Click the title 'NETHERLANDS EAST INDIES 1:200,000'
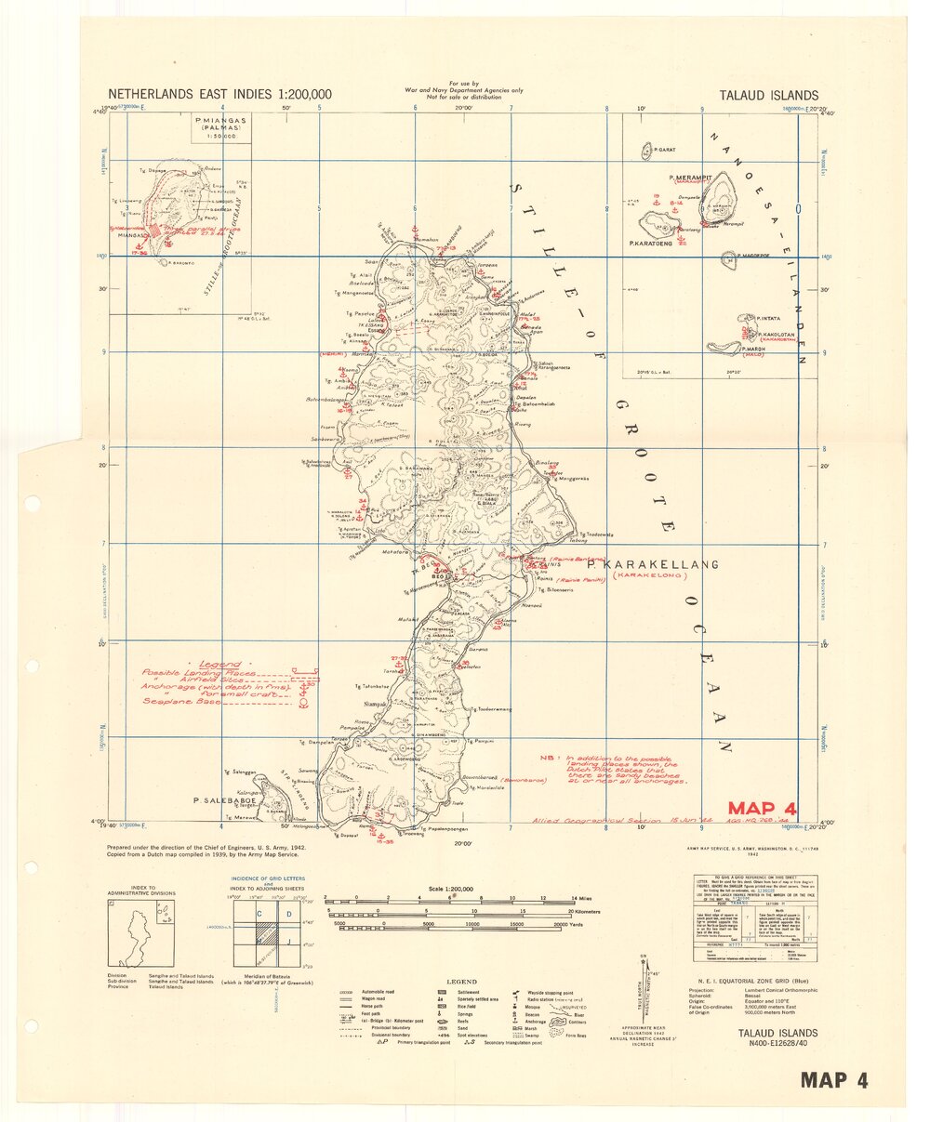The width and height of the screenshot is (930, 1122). [219, 95]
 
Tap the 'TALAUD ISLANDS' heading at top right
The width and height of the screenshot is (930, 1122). [769, 95]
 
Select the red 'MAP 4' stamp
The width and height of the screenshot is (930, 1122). [762, 809]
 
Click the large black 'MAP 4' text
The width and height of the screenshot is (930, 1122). [834, 1079]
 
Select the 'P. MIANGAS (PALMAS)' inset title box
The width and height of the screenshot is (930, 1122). [221, 127]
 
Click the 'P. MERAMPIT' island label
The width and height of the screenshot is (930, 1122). [689, 175]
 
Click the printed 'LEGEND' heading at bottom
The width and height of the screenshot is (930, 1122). [461, 982]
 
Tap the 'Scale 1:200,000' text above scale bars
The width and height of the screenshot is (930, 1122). [446, 889]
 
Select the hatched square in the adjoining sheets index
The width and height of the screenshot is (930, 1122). [266, 933]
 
